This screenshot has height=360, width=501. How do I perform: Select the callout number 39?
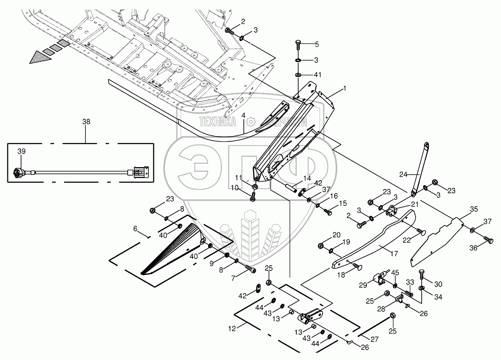21,152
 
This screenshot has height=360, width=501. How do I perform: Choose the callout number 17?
394,253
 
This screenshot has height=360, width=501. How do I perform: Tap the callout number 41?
318,74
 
